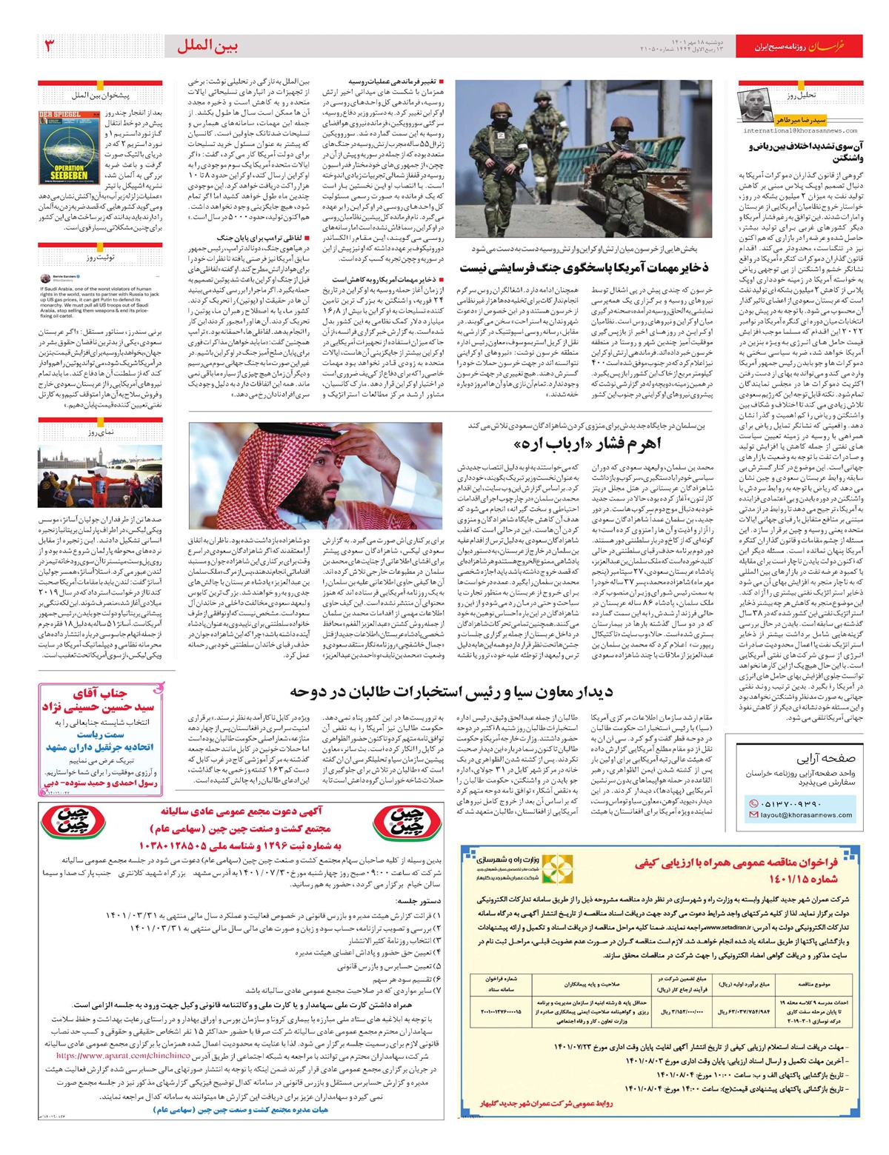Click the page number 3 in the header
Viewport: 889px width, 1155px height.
coord(50,46)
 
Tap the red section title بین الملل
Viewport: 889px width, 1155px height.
coord(207,46)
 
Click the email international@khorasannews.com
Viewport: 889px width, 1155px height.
coord(799,131)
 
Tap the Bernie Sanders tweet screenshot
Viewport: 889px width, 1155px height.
coord(100,296)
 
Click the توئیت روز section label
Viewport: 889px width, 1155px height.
coord(100,257)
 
